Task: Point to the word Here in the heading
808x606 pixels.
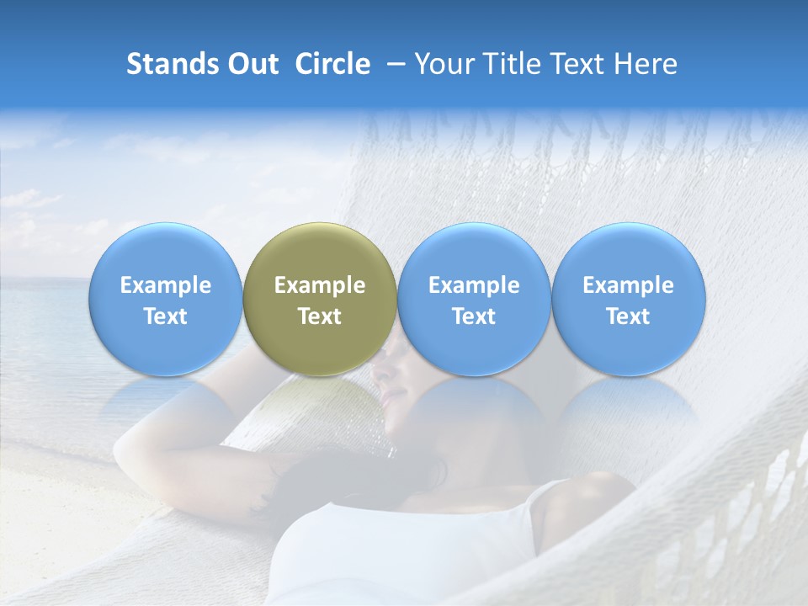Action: pos(646,64)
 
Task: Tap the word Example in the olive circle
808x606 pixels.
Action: pos(320,285)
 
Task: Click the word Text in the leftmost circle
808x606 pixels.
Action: pos(165,316)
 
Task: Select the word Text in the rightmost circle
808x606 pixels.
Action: pos(628,316)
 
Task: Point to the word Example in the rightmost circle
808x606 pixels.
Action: pos(628,285)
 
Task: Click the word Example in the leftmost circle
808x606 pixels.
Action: pos(165,285)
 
